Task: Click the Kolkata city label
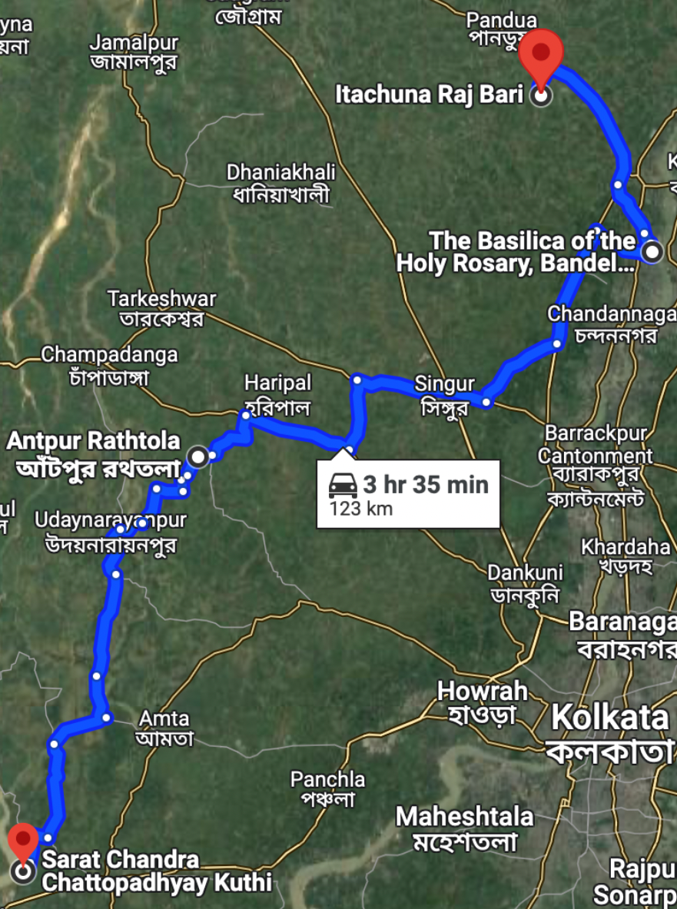610,718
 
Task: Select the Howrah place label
482,690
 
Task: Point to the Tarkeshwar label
161,298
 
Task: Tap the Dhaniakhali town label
281,172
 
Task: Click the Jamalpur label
134,42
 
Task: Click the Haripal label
277,382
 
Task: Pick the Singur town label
444,383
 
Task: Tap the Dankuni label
525,572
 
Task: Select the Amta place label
164,718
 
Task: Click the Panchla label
327,780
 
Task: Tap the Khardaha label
625,547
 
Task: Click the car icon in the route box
343,486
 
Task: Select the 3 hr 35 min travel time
426,484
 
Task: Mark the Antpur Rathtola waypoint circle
198,457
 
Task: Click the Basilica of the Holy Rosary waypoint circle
652,251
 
